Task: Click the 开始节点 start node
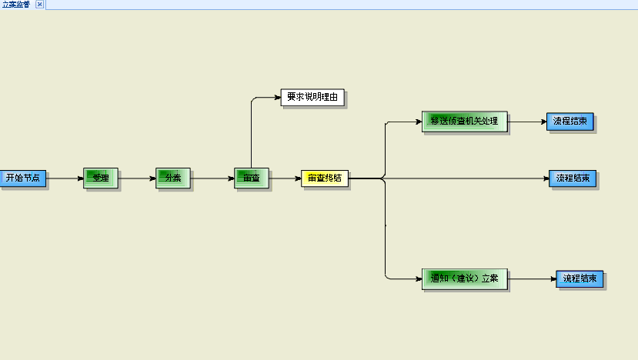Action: coord(22,178)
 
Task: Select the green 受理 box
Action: coord(100,178)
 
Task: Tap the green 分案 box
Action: coord(172,178)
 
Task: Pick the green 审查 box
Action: coord(251,178)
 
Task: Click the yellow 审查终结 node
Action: coord(324,178)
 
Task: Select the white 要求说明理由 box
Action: coord(312,97)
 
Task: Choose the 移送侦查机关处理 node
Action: coord(464,122)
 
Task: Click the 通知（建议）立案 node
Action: coord(464,278)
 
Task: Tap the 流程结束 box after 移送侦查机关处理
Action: coord(570,122)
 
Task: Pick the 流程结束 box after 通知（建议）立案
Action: coord(579,278)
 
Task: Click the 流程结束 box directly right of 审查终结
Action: coord(572,178)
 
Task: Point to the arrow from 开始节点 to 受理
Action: coord(65,178)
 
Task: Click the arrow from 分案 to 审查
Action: coord(212,178)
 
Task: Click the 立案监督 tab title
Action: coord(16,5)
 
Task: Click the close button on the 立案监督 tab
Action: coord(40,5)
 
